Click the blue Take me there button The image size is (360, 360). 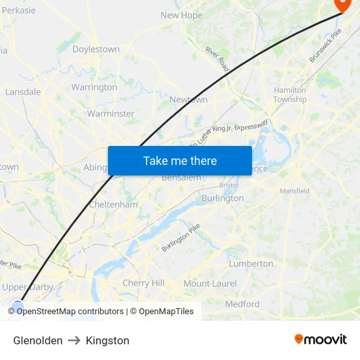pos(179,160)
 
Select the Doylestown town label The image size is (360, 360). pos(96,49)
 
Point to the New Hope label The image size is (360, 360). pos(181,15)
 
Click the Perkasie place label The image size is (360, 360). pos(18,10)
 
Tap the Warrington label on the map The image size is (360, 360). pos(94,87)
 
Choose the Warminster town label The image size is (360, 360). pos(111,113)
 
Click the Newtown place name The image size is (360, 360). pos(189,99)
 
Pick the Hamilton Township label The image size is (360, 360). pos(289,95)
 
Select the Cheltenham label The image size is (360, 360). pos(113,205)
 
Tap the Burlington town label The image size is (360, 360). pos(223,198)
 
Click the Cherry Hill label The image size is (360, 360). pos(143,283)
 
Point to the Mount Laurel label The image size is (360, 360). pos(210,283)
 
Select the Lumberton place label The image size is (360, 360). pos(251,263)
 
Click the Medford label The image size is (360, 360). pos(242,304)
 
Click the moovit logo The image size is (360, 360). pos(320,339)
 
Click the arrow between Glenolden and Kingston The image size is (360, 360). pos(74,340)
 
